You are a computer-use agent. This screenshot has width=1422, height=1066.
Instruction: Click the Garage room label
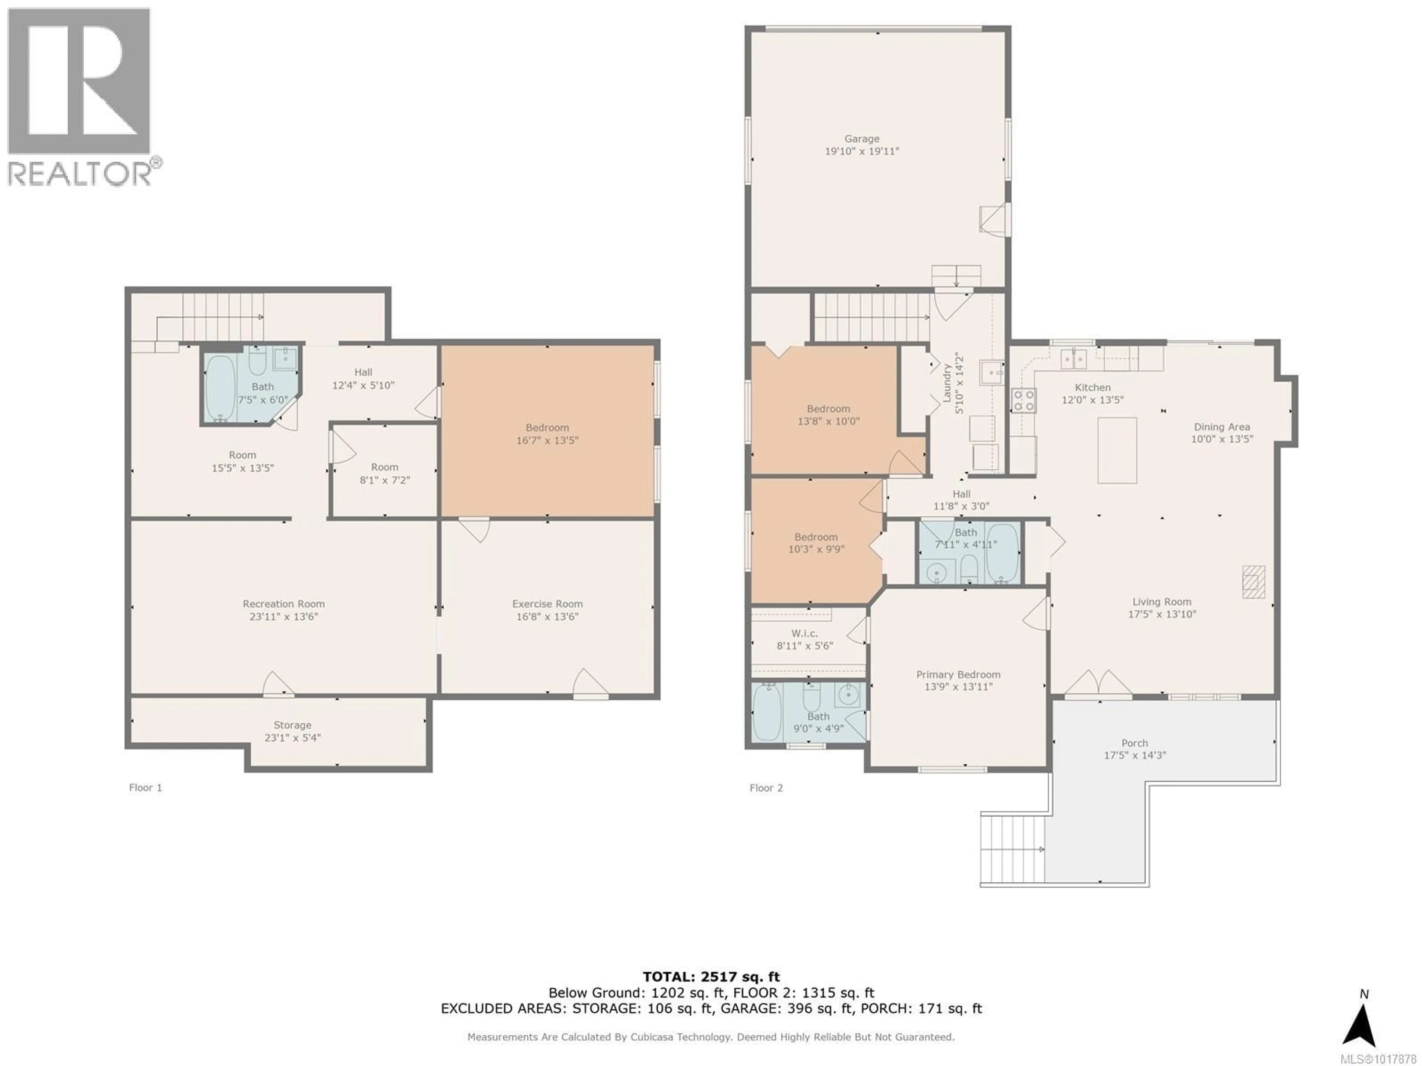[x=861, y=139]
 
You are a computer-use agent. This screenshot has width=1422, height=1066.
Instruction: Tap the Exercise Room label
[x=547, y=604]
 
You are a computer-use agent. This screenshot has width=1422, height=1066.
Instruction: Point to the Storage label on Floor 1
[x=293, y=725]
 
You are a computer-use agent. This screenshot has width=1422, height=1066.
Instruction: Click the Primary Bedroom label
[x=958, y=675]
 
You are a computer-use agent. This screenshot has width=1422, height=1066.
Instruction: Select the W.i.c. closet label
[x=804, y=634]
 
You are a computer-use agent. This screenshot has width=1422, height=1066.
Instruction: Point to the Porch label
[x=1135, y=743]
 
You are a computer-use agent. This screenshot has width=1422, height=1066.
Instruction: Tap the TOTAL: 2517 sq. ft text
[x=711, y=977]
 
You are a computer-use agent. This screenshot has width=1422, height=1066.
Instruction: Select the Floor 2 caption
[x=766, y=788]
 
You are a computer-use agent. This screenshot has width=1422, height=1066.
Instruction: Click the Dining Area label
[x=1221, y=427]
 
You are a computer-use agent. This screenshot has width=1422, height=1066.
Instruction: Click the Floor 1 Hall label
[x=363, y=372]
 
